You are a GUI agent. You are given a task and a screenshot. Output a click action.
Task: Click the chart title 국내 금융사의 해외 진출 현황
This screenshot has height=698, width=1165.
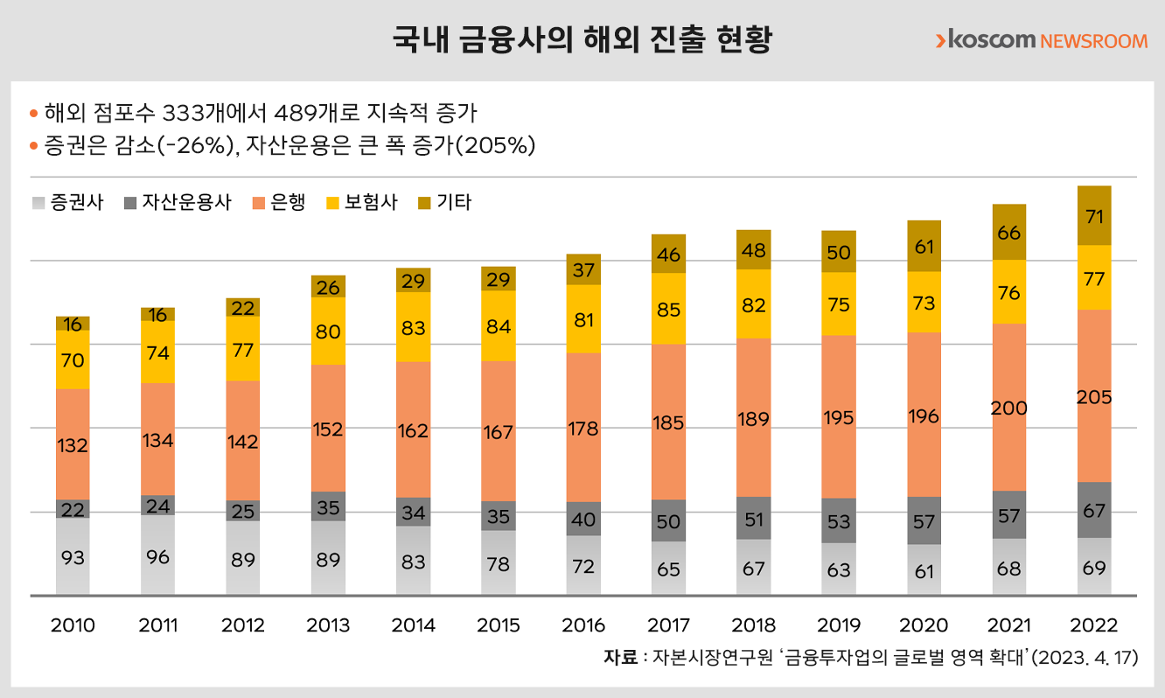click(582, 40)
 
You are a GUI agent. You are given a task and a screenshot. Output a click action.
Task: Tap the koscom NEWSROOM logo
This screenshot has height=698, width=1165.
click(1041, 40)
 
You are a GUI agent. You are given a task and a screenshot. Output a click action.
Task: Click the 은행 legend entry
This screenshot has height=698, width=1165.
click(279, 202)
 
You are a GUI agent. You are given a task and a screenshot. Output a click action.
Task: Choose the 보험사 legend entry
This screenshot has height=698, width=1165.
click(361, 202)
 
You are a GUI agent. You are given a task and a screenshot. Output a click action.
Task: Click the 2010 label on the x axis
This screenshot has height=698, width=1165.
click(73, 625)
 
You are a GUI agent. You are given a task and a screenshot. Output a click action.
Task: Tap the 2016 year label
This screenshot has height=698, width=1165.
click(583, 625)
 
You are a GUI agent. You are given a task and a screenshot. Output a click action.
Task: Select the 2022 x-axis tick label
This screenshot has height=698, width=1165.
click(1094, 625)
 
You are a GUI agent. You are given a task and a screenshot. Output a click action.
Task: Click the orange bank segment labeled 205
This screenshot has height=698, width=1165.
click(1094, 397)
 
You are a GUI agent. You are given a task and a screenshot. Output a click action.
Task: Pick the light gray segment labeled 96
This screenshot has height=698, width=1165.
click(158, 555)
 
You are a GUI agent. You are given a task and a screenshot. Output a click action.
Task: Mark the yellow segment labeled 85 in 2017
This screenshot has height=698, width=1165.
click(669, 309)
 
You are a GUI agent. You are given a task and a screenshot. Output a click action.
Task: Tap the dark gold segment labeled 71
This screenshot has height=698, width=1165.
click(1094, 215)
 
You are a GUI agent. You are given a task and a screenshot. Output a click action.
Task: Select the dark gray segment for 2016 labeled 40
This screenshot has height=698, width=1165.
click(583, 518)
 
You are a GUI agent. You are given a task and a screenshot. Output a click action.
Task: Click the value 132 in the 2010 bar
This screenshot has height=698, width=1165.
click(73, 445)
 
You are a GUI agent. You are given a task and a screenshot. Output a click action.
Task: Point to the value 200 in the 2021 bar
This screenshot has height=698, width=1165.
click(1009, 408)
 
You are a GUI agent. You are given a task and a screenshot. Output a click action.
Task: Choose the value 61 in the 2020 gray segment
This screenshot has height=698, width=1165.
click(924, 571)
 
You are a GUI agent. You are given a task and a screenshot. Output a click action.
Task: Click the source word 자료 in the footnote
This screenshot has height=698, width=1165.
click(620, 658)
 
